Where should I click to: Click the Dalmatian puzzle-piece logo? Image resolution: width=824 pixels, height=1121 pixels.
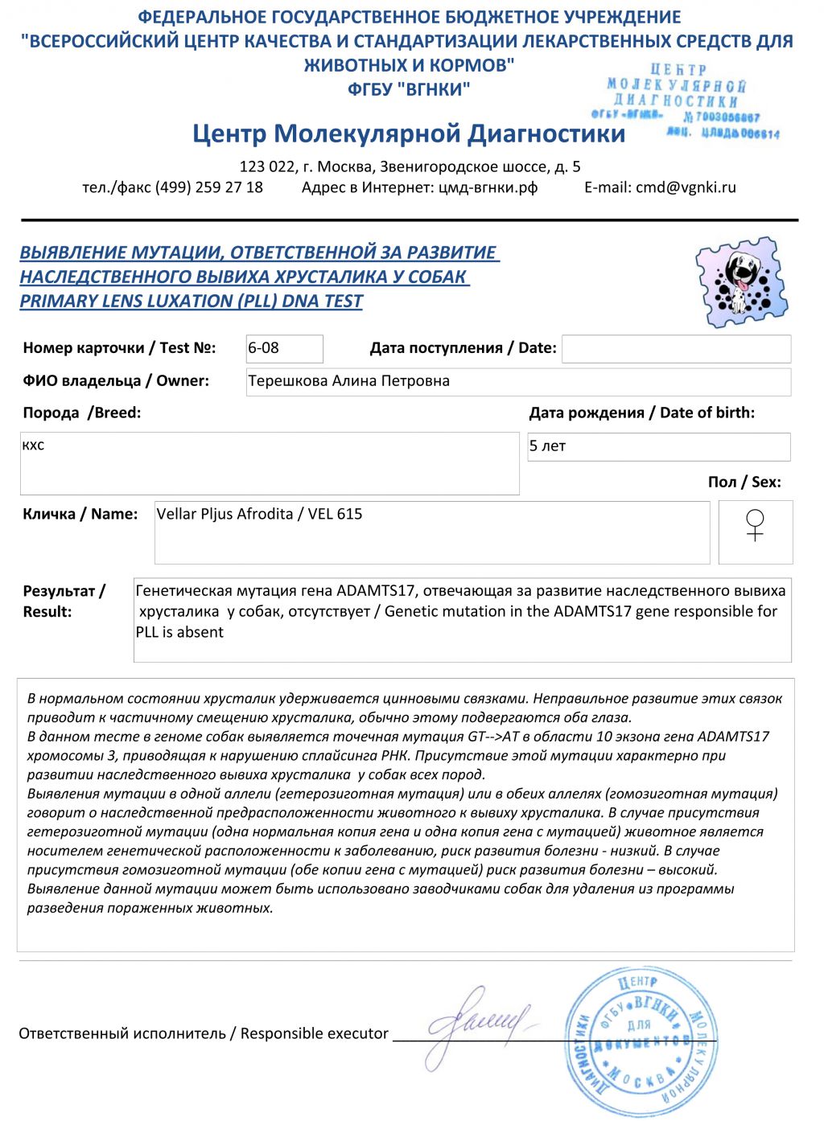pos(742,282)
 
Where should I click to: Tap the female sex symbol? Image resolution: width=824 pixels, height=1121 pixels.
pos(755,525)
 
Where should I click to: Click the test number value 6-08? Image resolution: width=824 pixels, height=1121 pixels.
pos(264,348)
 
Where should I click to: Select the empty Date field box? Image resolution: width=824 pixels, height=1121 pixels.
pos(676,349)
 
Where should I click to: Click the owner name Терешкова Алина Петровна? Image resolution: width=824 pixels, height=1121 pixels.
pos(348,381)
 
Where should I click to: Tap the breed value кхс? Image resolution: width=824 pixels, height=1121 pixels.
pos(34,446)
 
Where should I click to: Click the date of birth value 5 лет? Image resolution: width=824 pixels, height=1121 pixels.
pos(547,446)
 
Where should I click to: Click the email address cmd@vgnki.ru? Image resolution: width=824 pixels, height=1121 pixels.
pos(686,187)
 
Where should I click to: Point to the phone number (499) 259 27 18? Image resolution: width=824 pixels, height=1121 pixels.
pos(208,187)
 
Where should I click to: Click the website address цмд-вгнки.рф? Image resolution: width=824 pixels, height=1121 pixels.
pos(488,187)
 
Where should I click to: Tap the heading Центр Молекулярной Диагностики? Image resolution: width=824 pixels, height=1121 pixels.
pos(408,133)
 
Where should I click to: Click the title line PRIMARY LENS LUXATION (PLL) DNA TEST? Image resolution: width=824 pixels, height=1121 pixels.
pos(192,302)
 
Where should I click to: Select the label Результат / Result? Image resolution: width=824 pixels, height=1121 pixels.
pos(64,601)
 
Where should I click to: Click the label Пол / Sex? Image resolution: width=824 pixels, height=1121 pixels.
pos(744,482)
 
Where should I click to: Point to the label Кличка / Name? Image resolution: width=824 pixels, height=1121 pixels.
pos(80,514)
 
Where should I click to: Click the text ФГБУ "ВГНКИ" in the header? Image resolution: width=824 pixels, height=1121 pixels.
pos(408,88)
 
